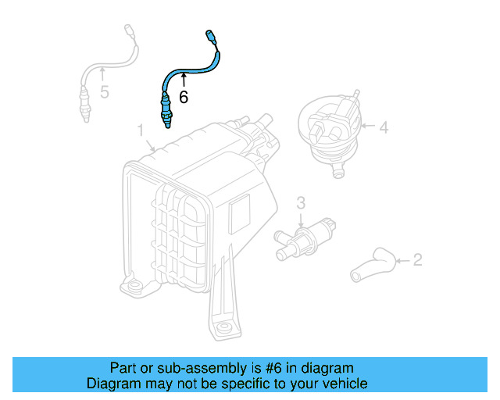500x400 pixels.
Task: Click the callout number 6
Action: point(184,97)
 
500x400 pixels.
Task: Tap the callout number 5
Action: point(105,92)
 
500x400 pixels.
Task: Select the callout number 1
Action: point(141,129)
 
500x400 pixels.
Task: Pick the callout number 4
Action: point(384,127)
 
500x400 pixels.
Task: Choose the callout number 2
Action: point(417,259)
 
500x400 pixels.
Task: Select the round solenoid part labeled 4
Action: point(328,130)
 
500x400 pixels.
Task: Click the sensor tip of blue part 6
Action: point(165,121)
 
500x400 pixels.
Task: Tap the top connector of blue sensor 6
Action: point(209,35)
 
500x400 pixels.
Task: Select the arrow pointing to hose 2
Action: point(402,259)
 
